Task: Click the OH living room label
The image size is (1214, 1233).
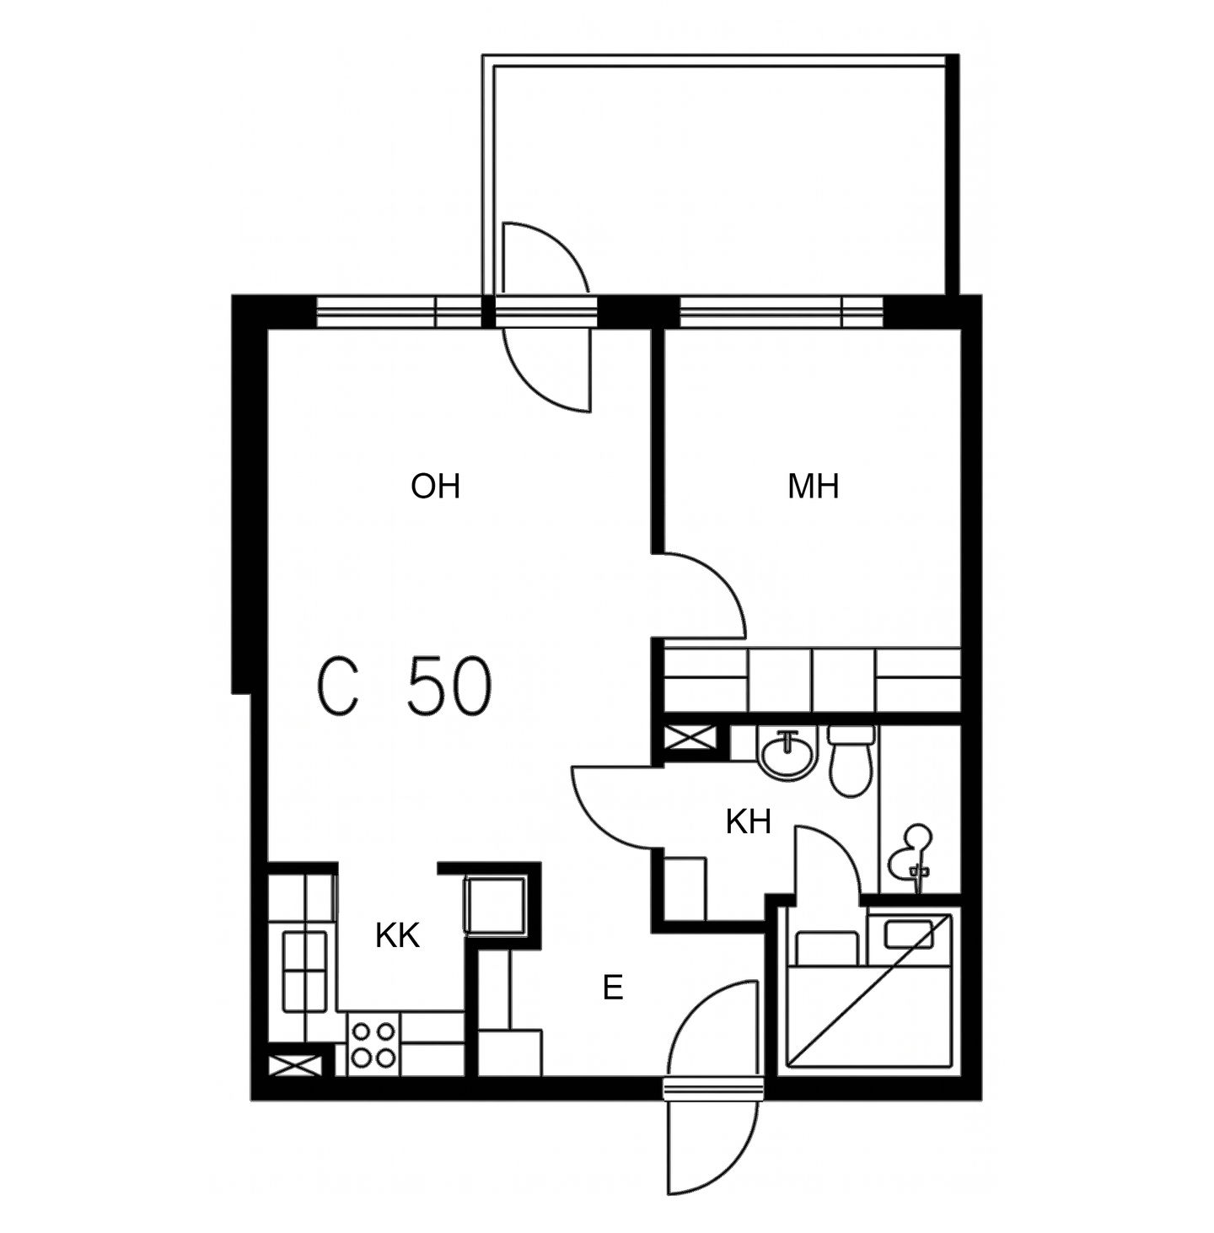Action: click(436, 487)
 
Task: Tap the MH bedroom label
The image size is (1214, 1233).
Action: click(813, 487)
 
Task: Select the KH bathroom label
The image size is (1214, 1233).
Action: click(749, 822)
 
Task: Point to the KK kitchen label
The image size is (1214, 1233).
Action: click(397, 936)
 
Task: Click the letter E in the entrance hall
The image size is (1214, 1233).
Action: click(613, 988)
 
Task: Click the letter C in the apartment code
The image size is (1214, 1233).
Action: click(338, 686)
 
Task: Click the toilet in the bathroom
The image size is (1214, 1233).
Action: click(850, 761)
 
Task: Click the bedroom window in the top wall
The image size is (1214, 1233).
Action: click(781, 313)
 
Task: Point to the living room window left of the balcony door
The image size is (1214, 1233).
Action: click(399, 313)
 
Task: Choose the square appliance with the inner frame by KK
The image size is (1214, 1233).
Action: click(496, 906)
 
